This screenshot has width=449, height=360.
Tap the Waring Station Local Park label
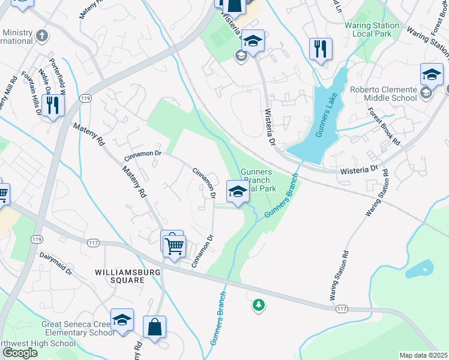pyautogui.click(x=372, y=30)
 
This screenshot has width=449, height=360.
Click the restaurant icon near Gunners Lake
pyautogui.click(x=321, y=49)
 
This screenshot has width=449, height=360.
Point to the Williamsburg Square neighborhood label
pyautogui.click(x=119, y=276)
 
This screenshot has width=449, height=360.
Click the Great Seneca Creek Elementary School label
pyautogui.click(x=77, y=328)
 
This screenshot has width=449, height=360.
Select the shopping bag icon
pyautogui.click(x=154, y=328)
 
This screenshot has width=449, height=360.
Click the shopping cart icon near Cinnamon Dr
pyautogui.click(x=174, y=245)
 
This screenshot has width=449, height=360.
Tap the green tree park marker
pyautogui.click(x=259, y=305)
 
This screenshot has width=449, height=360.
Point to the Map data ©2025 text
pyautogui.click(x=423, y=355)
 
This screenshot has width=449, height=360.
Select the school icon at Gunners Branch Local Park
pyautogui.click(x=238, y=193)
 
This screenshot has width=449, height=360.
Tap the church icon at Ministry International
pyautogui.click(x=41, y=35)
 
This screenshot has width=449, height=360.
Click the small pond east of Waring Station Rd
pyautogui.click(x=420, y=269)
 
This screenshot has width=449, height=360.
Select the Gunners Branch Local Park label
pyautogui.click(x=256, y=180)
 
